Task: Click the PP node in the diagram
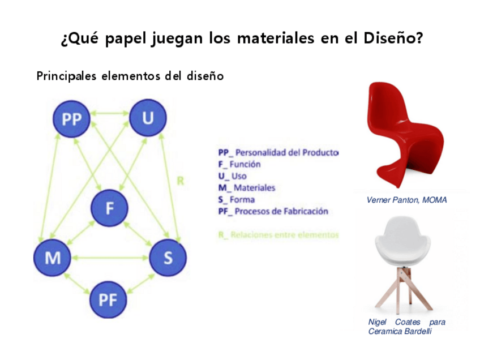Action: pyautogui.click(x=71, y=119)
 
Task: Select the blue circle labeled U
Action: pyautogui.click(x=148, y=118)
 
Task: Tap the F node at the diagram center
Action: pyautogui.click(x=110, y=207)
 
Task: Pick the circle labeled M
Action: pyautogui.click(x=53, y=258)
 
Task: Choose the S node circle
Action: pyautogui.click(x=168, y=258)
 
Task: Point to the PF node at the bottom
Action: pyautogui.click(x=108, y=299)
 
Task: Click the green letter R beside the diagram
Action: pyautogui.click(x=180, y=182)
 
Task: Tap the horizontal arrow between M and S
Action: pyautogui.click(x=110, y=258)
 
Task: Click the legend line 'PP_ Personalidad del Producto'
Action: pyautogui.click(x=278, y=152)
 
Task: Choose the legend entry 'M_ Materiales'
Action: pyautogui.click(x=247, y=187)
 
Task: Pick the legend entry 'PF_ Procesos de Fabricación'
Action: pyautogui.click(x=273, y=211)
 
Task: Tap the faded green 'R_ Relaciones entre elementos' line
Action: pyautogui.click(x=278, y=234)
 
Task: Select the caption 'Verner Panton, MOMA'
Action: pyautogui.click(x=406, y=200)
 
